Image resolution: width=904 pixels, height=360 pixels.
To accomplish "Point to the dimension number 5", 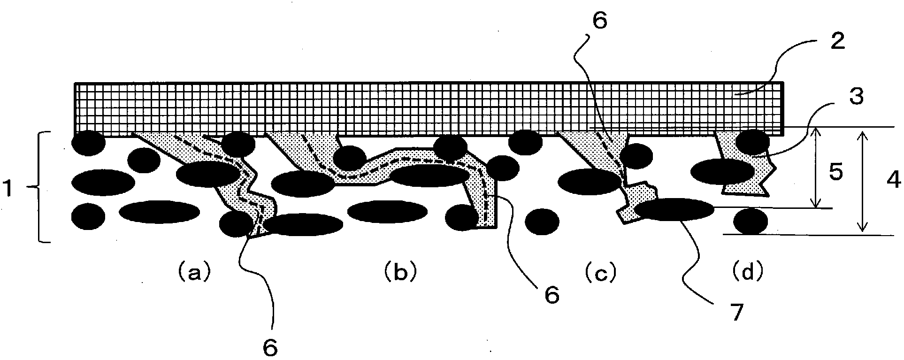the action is [835, 173].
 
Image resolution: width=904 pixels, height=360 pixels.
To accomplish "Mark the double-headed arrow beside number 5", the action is [817, 168].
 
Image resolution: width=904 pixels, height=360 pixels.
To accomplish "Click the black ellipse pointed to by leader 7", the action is [674, 209].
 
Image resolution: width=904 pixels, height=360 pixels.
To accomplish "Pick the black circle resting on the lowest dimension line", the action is [751, 221].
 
